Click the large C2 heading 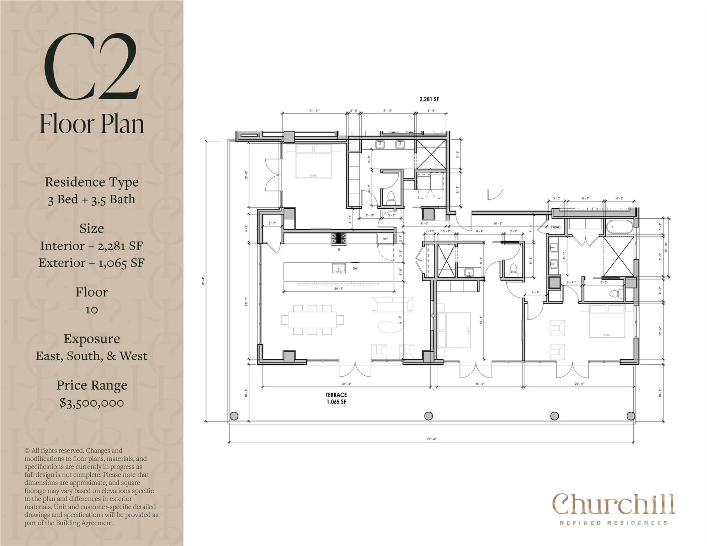91,66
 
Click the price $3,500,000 92,403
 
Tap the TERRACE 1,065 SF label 336,398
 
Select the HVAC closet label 555,227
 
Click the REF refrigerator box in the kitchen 386,239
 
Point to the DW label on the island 355,268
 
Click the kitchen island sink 339,268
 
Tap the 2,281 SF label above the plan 429,100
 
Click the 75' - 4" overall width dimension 431,439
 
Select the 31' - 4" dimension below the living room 346,384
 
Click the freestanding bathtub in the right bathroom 620,226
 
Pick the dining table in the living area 313,320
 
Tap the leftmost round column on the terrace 234,416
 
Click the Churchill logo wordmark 613,504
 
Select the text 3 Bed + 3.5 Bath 92,199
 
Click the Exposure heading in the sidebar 92,338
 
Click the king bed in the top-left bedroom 313,161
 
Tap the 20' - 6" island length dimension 339,289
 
